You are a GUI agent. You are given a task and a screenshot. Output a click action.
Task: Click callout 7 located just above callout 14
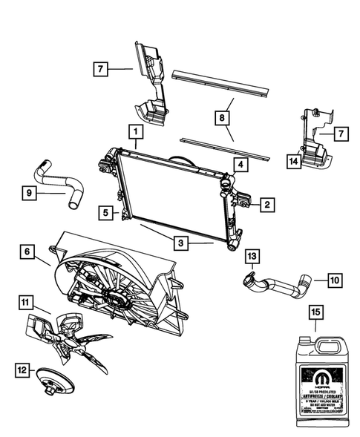[341, 134]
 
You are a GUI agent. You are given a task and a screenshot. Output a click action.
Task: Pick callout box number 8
[223, 116]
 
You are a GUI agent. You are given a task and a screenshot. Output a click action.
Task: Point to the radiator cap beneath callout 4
[227, 178]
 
